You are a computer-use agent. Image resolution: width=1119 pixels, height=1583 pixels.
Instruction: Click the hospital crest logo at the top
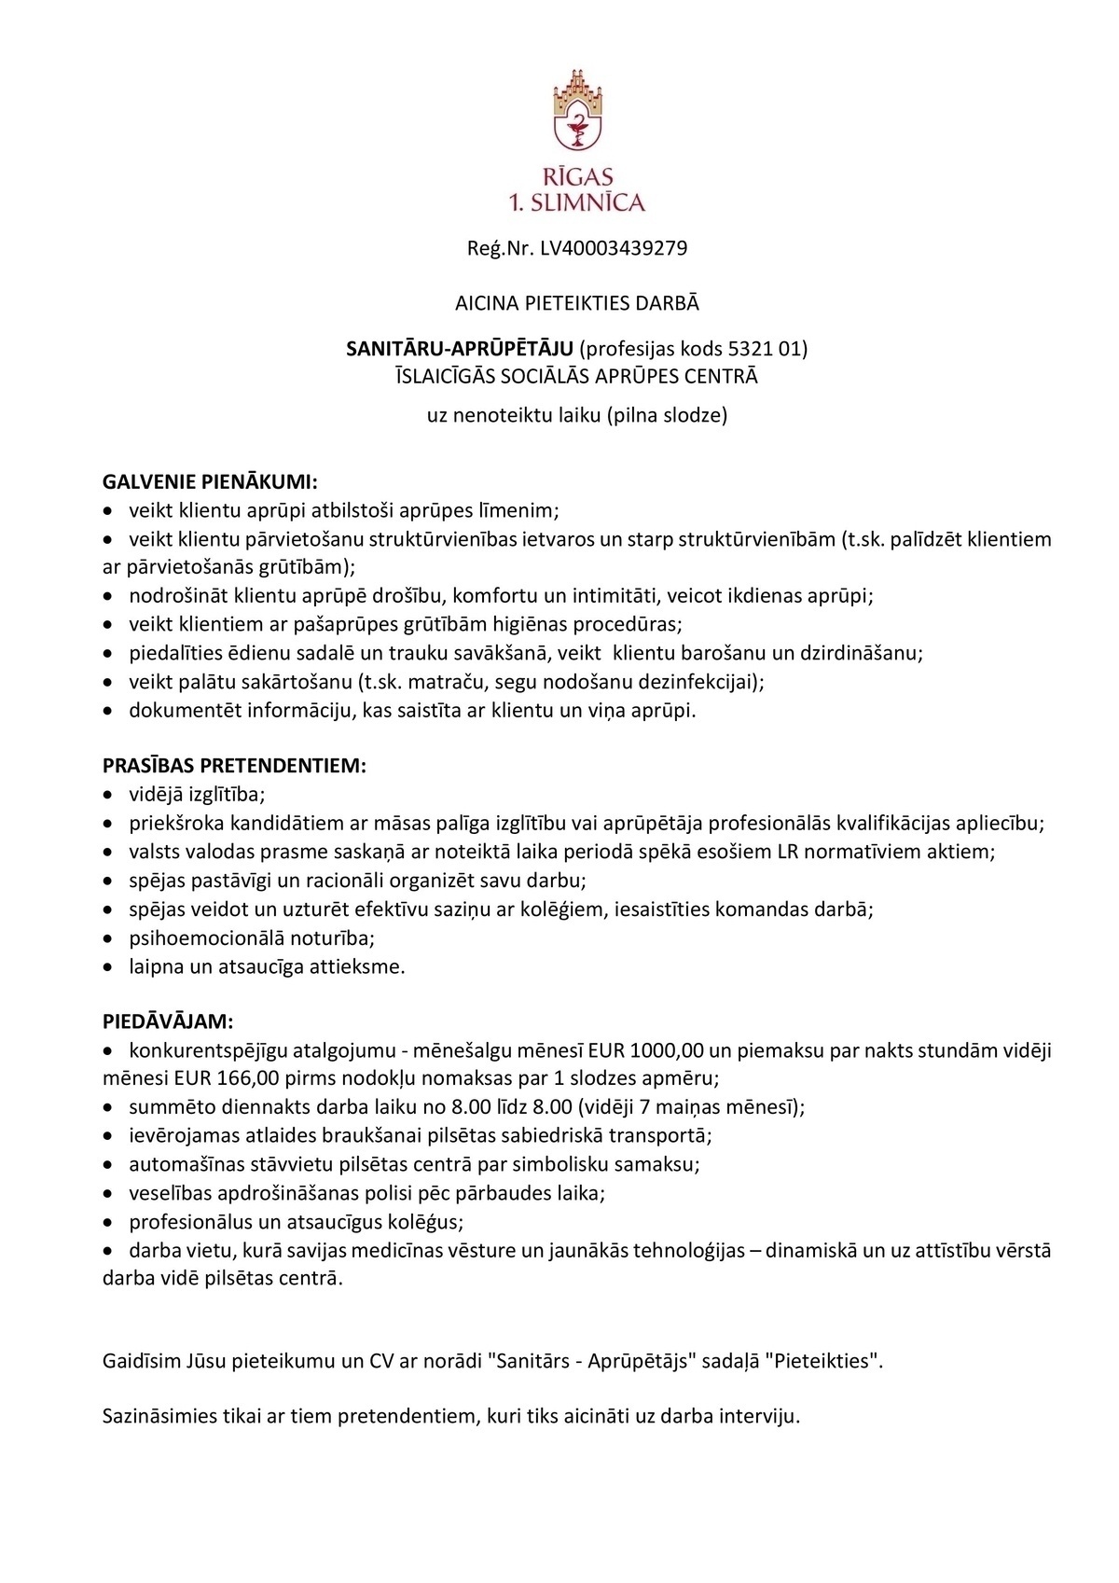pyautogui.click(x=577, y=109)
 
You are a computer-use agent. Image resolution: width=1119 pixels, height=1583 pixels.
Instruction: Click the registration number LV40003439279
pyautogui.click(x=614, y=248)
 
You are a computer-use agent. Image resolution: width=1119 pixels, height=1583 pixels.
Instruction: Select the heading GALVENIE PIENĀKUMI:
pyautogui.click(x=210, y=482)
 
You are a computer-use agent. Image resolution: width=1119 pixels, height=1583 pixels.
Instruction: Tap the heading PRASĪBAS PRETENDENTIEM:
pyautogui.click(x=234, y=766)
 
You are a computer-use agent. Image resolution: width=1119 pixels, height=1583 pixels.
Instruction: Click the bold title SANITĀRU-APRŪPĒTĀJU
pyautogui.click(x=460, y=349)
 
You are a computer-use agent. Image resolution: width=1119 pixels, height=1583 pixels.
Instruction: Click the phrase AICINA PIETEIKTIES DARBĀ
pyautogui.click(x=577, y=303)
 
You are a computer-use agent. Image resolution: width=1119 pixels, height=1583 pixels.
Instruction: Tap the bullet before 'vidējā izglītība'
pyautogui.click(x=109, y=796)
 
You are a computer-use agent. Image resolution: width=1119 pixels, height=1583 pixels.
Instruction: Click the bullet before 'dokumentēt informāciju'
pyautogui.click(x=109, y=712)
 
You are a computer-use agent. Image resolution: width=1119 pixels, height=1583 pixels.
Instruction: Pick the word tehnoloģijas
pyautogui.click(x=689, y=1251)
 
